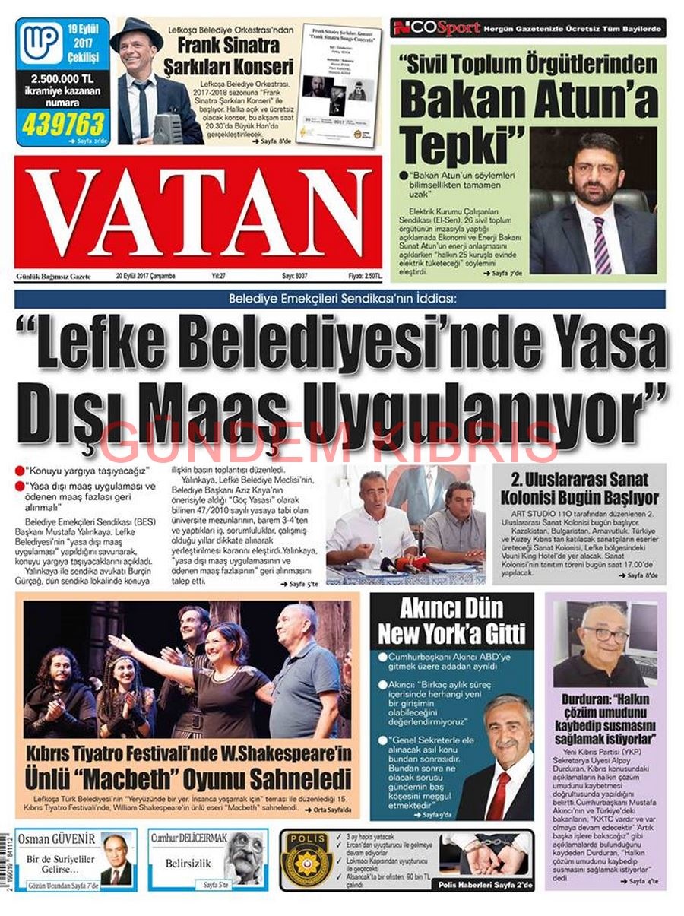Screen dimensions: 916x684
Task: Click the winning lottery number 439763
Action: tap(63, 122)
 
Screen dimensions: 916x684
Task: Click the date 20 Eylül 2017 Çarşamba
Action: tap(145, 277)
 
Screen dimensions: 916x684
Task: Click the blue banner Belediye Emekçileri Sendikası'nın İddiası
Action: tap(340, 299)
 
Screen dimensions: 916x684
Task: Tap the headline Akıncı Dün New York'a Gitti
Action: tap(451, 621)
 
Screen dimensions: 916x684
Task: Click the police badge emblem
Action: tap(306, 860)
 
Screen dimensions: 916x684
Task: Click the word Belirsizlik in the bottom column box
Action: tap(188, 863)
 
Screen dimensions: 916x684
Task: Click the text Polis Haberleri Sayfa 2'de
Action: tap(486, 886)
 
